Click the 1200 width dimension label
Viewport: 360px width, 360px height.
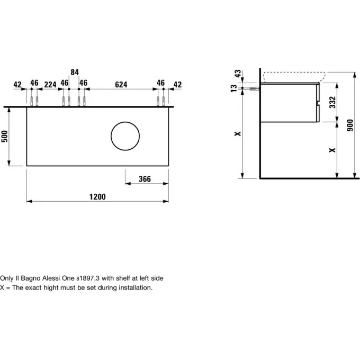[x=97, y=197]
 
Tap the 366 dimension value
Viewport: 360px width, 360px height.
[x=145, y=179]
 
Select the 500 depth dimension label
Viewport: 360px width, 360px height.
[x=4, y=137]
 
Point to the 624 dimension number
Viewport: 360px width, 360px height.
[x=121, y=85]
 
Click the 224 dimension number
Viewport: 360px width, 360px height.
[x=50, y=85]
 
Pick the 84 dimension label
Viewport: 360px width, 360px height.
[x=75, y=72]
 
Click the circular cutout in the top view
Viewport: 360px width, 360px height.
[x=125, y=136]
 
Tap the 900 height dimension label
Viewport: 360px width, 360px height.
[x=350, y=125]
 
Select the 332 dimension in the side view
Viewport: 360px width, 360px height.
[x=332, y=102]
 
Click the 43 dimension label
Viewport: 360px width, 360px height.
[x=238, y=74]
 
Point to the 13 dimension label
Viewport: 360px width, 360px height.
[x=233, y=88]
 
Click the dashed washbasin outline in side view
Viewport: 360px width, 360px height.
[x=294, y=77]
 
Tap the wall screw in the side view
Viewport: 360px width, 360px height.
[x=255, y=88]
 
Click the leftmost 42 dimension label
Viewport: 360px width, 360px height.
[x=17, y=85]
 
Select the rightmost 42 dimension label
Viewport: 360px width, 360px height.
[x=177, y=85]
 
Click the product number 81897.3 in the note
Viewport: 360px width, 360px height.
[x=88, y=278]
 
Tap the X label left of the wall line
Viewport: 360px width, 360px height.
[x=238, y=133]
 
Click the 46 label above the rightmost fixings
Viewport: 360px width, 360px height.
[x=161, y=83]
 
